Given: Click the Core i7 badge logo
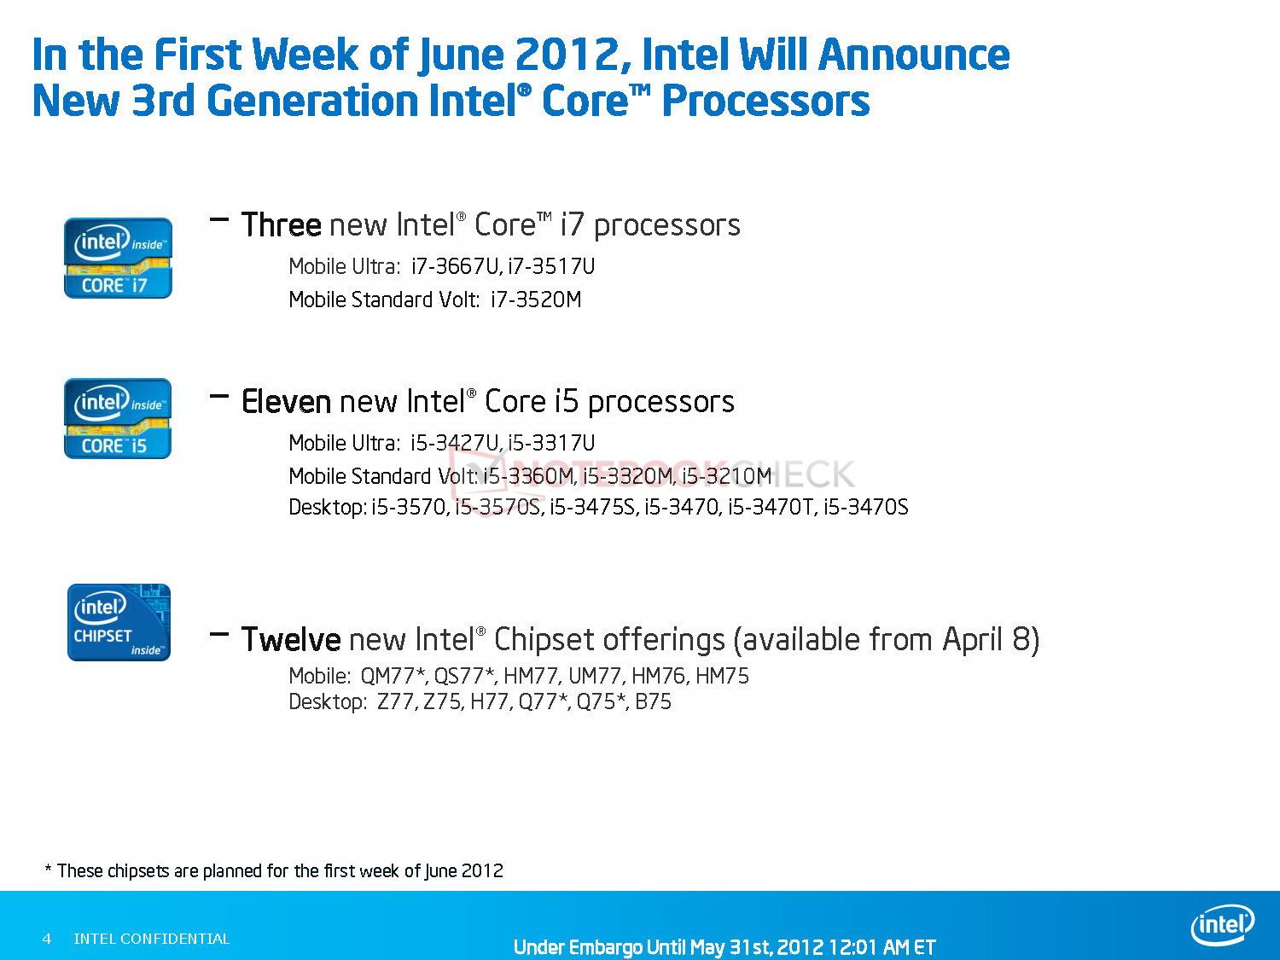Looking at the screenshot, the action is pyautogui.click(x=118, y=259).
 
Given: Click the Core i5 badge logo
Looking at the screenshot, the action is pyautogui.click(x=118, y=418).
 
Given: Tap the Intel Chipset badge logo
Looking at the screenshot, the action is pyautogui.click(x=119, y=622).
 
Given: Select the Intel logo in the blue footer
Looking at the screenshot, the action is pyautogui.click(x=1222, y=925).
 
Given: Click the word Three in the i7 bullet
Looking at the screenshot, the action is pyautogui.click(x=281, y=225).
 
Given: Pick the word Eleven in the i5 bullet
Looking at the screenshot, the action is pyautogui.click(x=287, y=402).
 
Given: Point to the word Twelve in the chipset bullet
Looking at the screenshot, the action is pyautogui.click(x=291, y=639).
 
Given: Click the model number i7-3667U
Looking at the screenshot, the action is pyautogui.click(x=456, y=266).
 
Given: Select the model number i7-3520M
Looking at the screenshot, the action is pyautogui.click(x=536, y=300).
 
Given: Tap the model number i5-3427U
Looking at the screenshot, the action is pyautogui.click(x=455, y=443).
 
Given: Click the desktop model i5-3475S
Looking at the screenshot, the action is pyautogui.click(x=592, y=507).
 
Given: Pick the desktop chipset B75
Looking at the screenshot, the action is pyautogui.click(x=653, y=701).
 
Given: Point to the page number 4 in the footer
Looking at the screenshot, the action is pyautogui.click(x=47, y=939).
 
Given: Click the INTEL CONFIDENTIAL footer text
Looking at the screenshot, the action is pyautogui.click(x=152, y=939).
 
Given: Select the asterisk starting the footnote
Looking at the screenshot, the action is pyautogui.click(x=49, y=869).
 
